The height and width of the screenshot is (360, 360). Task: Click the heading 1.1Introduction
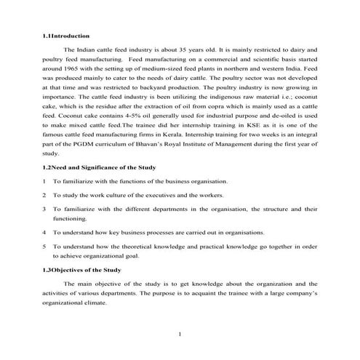point(66,35)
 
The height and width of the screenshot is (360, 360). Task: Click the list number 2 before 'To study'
point(44,195)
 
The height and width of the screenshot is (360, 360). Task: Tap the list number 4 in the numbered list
point(44,233)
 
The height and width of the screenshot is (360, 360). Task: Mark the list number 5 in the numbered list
point(44,247)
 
